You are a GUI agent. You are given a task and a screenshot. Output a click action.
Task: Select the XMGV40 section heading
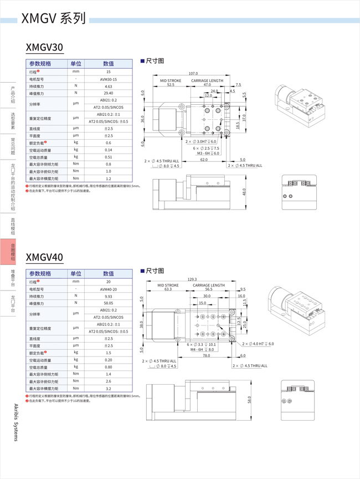pyautogui.click(x=44, y=257)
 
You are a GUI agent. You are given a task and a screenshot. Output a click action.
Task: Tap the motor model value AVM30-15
pyautogui.click(x=109, y=79)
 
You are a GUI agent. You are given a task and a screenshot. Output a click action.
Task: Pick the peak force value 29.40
pyautogui.click(x=109, y=93)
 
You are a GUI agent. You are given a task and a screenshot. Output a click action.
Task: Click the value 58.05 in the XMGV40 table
pyautogui.click(x=109, y=303)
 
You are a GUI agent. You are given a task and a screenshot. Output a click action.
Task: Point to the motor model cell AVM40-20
pyautogui.click(x=109, y=289)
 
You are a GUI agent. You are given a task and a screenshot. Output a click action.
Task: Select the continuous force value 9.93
pyautogui.click(x=109, y=297)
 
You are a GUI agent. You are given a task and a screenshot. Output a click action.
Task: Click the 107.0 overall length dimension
pyautogui.click(x=193, y=74)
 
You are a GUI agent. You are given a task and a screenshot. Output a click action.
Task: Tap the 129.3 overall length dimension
pyautogui.click(x=193, y=279)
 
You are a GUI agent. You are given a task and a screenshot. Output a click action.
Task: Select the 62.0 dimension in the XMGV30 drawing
pyautogui.click(x=204, y=160)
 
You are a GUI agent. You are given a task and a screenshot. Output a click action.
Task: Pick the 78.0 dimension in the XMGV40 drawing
pyautogui.click(x=205, y=356)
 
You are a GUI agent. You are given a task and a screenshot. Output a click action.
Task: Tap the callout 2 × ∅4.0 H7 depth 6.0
pyautogui.click(x=258, y=344)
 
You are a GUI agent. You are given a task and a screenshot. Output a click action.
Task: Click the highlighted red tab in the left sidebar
pyautogui.click(x=13, y=251)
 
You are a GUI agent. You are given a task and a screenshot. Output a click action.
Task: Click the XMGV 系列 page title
pyautogui.click(x=54, y=19)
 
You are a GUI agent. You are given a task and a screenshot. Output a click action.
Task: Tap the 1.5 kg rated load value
pyautogui.click(x=109, y=353)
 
